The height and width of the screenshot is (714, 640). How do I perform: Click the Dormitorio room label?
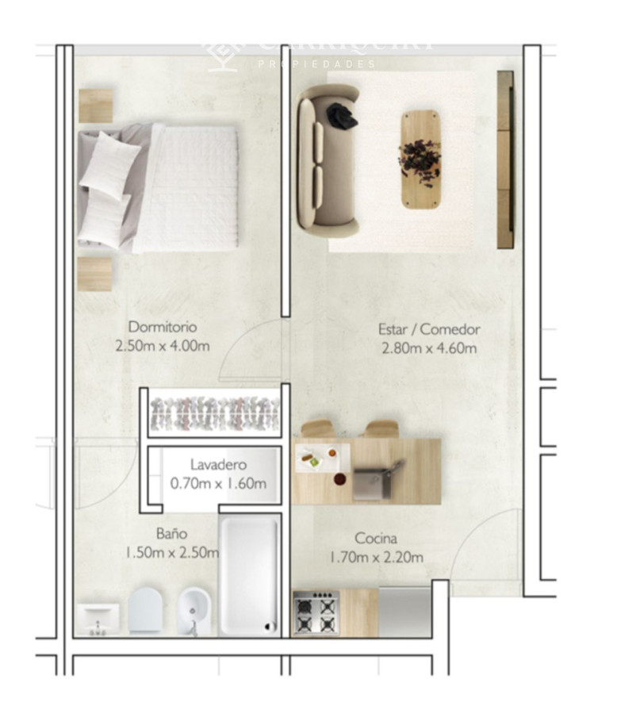[163, 327]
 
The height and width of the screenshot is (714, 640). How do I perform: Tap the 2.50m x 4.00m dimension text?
[163, 346]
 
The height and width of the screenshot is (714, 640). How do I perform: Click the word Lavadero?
[218, 465]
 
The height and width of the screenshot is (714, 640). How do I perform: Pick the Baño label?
[171, 534]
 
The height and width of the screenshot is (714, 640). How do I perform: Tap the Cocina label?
[376, 539]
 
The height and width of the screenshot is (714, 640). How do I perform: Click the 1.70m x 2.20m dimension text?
[376, 558]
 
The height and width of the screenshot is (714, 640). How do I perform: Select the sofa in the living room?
[326, 162]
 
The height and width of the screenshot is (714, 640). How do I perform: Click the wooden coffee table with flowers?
[420, 159]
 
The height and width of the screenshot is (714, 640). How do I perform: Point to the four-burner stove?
[316, 613]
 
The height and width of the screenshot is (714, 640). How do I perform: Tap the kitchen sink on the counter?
[373, 482]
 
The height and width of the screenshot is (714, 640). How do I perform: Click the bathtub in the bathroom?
[249, 574]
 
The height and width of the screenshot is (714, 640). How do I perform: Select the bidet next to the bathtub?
[194, 611]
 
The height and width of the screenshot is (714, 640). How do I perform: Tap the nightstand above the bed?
[96, 106]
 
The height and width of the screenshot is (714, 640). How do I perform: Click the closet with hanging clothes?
[214, 413]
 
